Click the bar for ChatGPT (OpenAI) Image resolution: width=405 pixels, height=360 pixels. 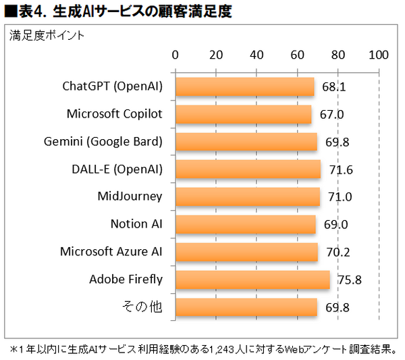(245, 86)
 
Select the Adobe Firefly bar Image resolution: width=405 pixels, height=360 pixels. (252, 280)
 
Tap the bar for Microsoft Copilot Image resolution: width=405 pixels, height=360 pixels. (244, 114)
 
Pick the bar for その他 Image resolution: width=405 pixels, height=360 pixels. (246, 307)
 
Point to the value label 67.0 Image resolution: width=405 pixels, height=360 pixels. (331, 115)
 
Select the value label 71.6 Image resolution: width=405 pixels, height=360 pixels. (341, 170)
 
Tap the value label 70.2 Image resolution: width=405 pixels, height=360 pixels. (337, 253)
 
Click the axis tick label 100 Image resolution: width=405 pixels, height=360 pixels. (379, 55)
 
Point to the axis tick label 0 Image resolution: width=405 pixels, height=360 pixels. (175, 55)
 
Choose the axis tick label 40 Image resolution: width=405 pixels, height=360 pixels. (257, 55)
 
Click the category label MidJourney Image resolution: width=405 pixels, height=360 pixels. (130, 197)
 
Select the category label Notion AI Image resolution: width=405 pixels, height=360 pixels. (136, 224)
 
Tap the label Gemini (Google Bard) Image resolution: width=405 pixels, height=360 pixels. (103, 141)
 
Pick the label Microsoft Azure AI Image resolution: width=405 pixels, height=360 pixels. (111, 251)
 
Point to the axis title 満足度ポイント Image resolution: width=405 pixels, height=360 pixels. (47, 35)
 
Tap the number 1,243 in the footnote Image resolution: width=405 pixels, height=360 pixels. (223, 349)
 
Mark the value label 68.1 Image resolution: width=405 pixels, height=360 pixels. (334, 87)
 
